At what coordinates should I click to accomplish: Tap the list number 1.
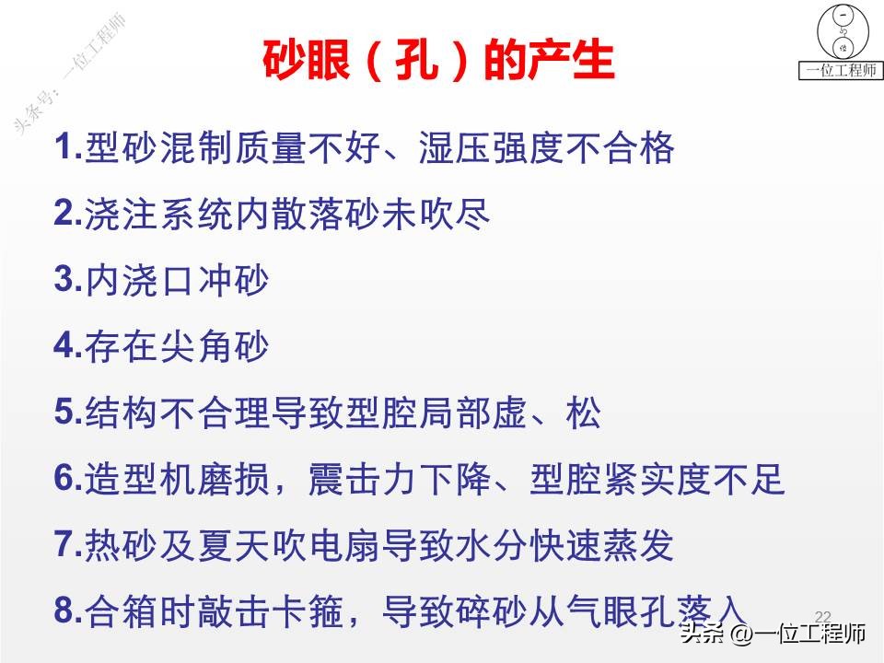66,147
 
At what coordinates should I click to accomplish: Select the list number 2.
66,213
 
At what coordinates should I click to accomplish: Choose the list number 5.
66,412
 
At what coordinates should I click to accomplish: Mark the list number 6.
66,478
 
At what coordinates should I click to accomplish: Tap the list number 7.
66,544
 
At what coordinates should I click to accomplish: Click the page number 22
823,615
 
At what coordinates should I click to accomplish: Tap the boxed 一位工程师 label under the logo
839,71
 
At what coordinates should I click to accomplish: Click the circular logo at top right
842,32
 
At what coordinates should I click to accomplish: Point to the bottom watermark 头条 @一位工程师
773,635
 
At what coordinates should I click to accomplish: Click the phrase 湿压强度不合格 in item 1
547,148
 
